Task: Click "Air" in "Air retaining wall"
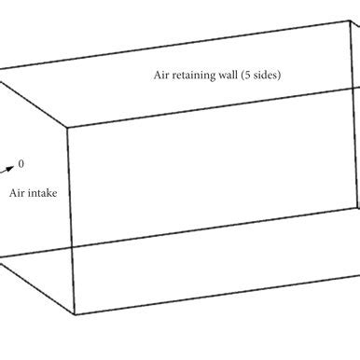tap(161, 76)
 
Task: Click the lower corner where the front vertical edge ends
tap(75, 315)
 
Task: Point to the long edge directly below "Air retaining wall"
tap(215, 105)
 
